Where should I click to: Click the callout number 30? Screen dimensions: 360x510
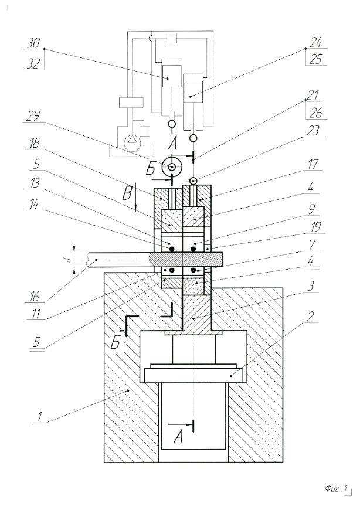click(34, 43)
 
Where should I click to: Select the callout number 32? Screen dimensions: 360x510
click(33, 64)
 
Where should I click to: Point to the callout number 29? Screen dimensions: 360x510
click(33, 116)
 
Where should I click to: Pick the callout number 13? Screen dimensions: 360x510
click(35, 183)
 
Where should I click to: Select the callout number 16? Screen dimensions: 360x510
click(35, 296)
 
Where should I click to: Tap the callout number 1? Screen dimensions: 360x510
click(40, 417)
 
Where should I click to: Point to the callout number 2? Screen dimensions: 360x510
click(311, 316)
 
